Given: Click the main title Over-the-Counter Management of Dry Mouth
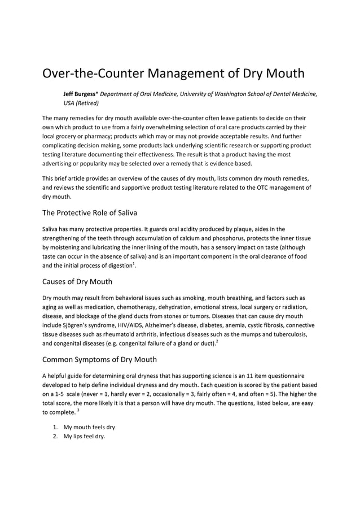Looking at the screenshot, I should tap(174, 74).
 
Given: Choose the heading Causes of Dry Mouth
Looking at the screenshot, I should tap(77, 281).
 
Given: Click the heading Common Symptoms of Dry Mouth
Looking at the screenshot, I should tap(100, 359).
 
